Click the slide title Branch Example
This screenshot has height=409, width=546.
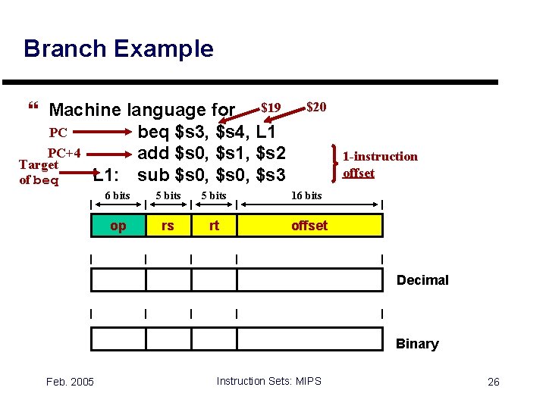tap(118, 49)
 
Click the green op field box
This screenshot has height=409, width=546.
tap(118, 226)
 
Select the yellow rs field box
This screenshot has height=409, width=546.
tap(168, 226)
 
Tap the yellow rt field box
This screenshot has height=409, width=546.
tap(214, 226)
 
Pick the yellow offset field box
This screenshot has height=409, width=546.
tap(309, 226)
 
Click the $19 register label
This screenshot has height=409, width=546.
tap(271, 107)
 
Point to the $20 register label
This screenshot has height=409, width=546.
tap(316, 107)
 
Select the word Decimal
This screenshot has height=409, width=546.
tap(422, 280)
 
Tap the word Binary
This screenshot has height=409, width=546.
tap(417, 344)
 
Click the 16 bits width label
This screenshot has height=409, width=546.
tap(306, 195)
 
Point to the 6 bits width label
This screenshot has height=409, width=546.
tap(117, 195)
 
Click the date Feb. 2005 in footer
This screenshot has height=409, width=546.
tap(69, 381)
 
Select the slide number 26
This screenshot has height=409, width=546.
tap(493, 381)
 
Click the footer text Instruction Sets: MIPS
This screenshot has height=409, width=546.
tap(268, 381)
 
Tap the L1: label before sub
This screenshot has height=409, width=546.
tap(105, 176)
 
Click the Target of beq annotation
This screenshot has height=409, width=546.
tap(39, 172)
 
